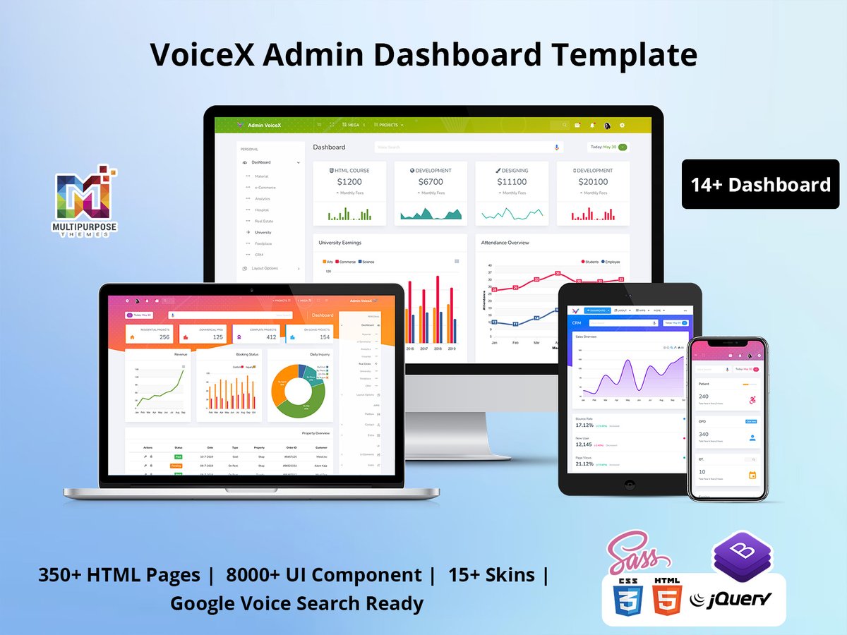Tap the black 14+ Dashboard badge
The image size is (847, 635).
coord(760,185)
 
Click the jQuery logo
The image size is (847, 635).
coord(731,600)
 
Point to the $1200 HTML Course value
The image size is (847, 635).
coord(349,182)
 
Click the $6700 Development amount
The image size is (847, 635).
coord(431,182)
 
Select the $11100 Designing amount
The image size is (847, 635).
coord(512,182)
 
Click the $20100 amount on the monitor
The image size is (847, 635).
coord(593,182)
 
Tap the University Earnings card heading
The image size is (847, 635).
coord(340,243)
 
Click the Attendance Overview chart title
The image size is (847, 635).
coord(505,243)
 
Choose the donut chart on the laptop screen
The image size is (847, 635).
coord(297,389)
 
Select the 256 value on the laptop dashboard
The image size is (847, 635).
coord(164,337)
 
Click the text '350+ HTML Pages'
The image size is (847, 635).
coord(119,575)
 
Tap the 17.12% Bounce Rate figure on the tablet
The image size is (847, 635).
coord(584,425)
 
